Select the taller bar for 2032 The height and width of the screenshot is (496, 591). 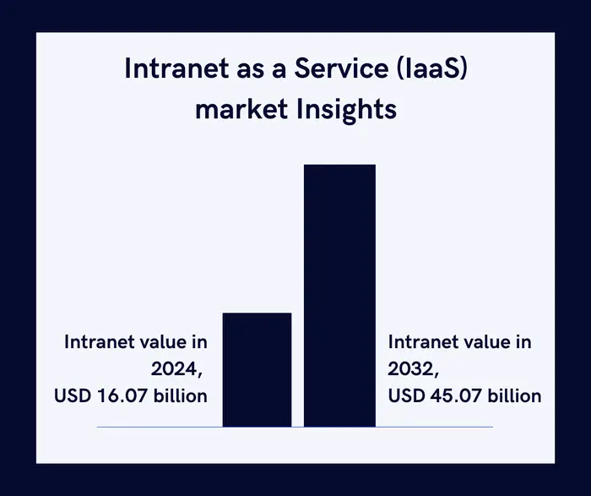pyautogui.click(x=339, y=296)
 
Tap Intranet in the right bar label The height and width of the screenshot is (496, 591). pyautogui.click(x=421, y=342)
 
